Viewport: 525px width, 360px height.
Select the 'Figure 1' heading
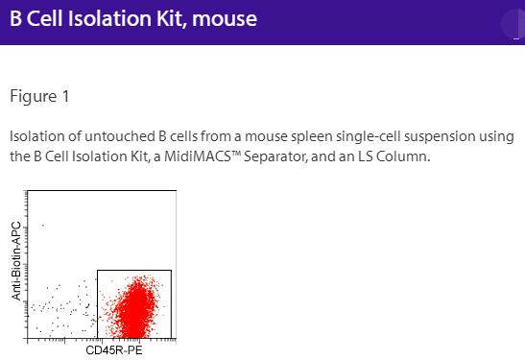[x=39, y=97]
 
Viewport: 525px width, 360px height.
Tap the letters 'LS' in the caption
[x=368, y=156]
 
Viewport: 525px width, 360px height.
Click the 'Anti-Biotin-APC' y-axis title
[x=16, y=261]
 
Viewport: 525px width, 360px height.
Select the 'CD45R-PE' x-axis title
[x=114, y=351]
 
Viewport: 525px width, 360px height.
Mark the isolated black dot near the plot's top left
[x=43, y=225]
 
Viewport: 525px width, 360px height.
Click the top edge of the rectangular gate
[x=134, y=271]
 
